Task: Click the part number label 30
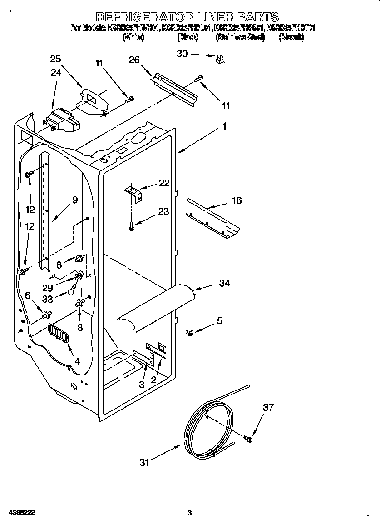(182, 54)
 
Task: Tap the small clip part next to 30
(220, 59)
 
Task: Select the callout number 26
(134, 60)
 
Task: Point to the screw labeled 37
(248, 439)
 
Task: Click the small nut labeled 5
(190, 333)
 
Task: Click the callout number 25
(55, 59)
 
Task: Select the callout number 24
(55, 73)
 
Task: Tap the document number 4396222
(19, 512)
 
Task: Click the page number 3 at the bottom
(190, 513)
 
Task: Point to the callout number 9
(75, 200)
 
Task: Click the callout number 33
(47, 299)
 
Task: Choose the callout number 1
(224, 127)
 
